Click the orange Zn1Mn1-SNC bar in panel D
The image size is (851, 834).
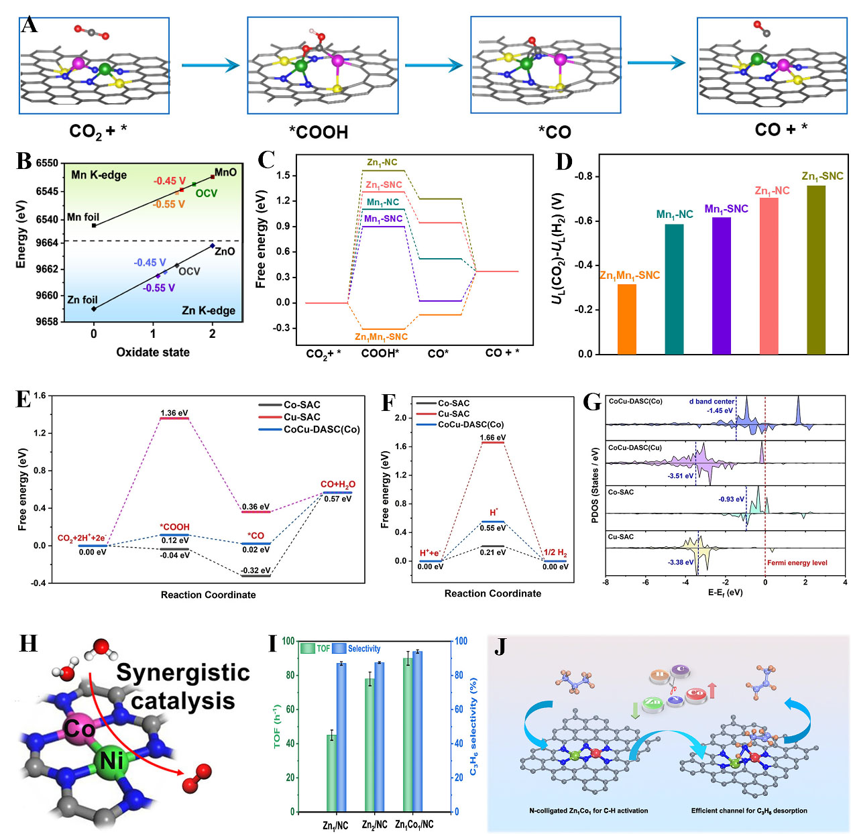click(626, 319)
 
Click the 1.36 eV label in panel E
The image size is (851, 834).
click(174, 413)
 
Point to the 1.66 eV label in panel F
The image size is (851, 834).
click(493, 438)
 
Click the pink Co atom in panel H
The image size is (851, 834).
click(79, 728)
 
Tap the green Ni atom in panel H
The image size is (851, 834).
click(111, 761)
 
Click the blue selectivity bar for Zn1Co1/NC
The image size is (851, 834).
click(417, 731)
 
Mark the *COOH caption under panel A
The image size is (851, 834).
click(319, 132)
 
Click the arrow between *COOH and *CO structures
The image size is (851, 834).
click(434, 65)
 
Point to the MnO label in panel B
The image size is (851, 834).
click(225, 172)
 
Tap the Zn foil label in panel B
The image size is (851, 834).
click(82, 300)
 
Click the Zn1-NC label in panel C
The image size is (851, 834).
click(382, 162)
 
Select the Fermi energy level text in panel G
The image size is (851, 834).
click(797, 562)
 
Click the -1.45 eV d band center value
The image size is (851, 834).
click(719, 410)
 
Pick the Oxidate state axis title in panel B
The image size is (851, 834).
click(153, 352)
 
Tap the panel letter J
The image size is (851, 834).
click(500, 647)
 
